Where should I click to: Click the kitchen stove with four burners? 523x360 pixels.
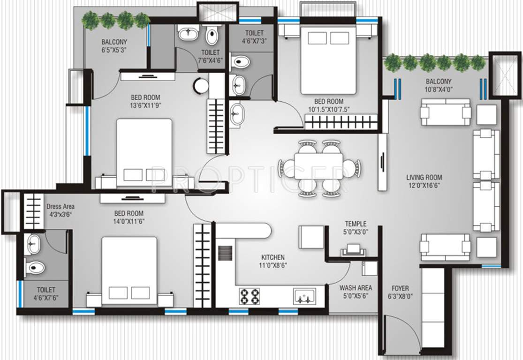click(250, 296)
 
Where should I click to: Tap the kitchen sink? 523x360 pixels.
click(304, 296)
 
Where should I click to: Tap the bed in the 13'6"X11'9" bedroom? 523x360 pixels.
click(144, 150)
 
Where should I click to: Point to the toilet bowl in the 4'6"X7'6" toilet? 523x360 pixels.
click(34, 267)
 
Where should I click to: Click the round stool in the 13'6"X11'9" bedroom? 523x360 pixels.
click(201, 85)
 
